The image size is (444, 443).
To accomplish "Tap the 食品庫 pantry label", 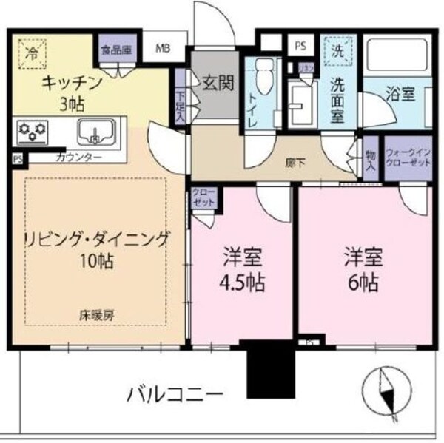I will tap(116, 50).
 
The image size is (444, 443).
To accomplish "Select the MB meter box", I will tap(162, 50).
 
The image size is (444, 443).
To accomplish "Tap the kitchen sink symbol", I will tap(95, 132).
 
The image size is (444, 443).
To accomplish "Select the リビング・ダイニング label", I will tap(96, 239).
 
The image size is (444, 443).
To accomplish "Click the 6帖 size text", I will tap(363, 282).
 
